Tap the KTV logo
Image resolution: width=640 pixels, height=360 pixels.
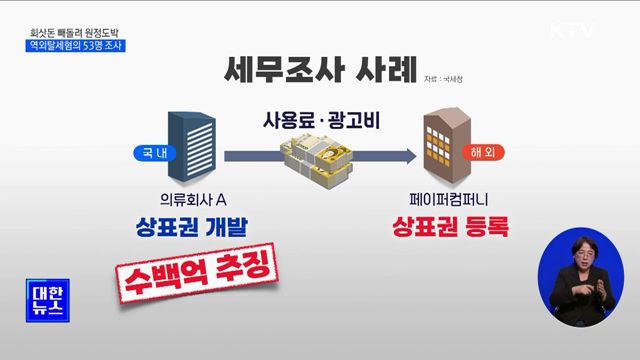tap(573, 30)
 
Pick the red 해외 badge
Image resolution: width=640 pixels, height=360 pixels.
tap(482, 153)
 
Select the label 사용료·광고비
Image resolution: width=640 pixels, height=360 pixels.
tap(316, 118)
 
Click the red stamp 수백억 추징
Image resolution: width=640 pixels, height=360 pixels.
tap(197, 273)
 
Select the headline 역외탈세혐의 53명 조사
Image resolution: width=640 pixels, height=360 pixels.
tap(77, 44)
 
